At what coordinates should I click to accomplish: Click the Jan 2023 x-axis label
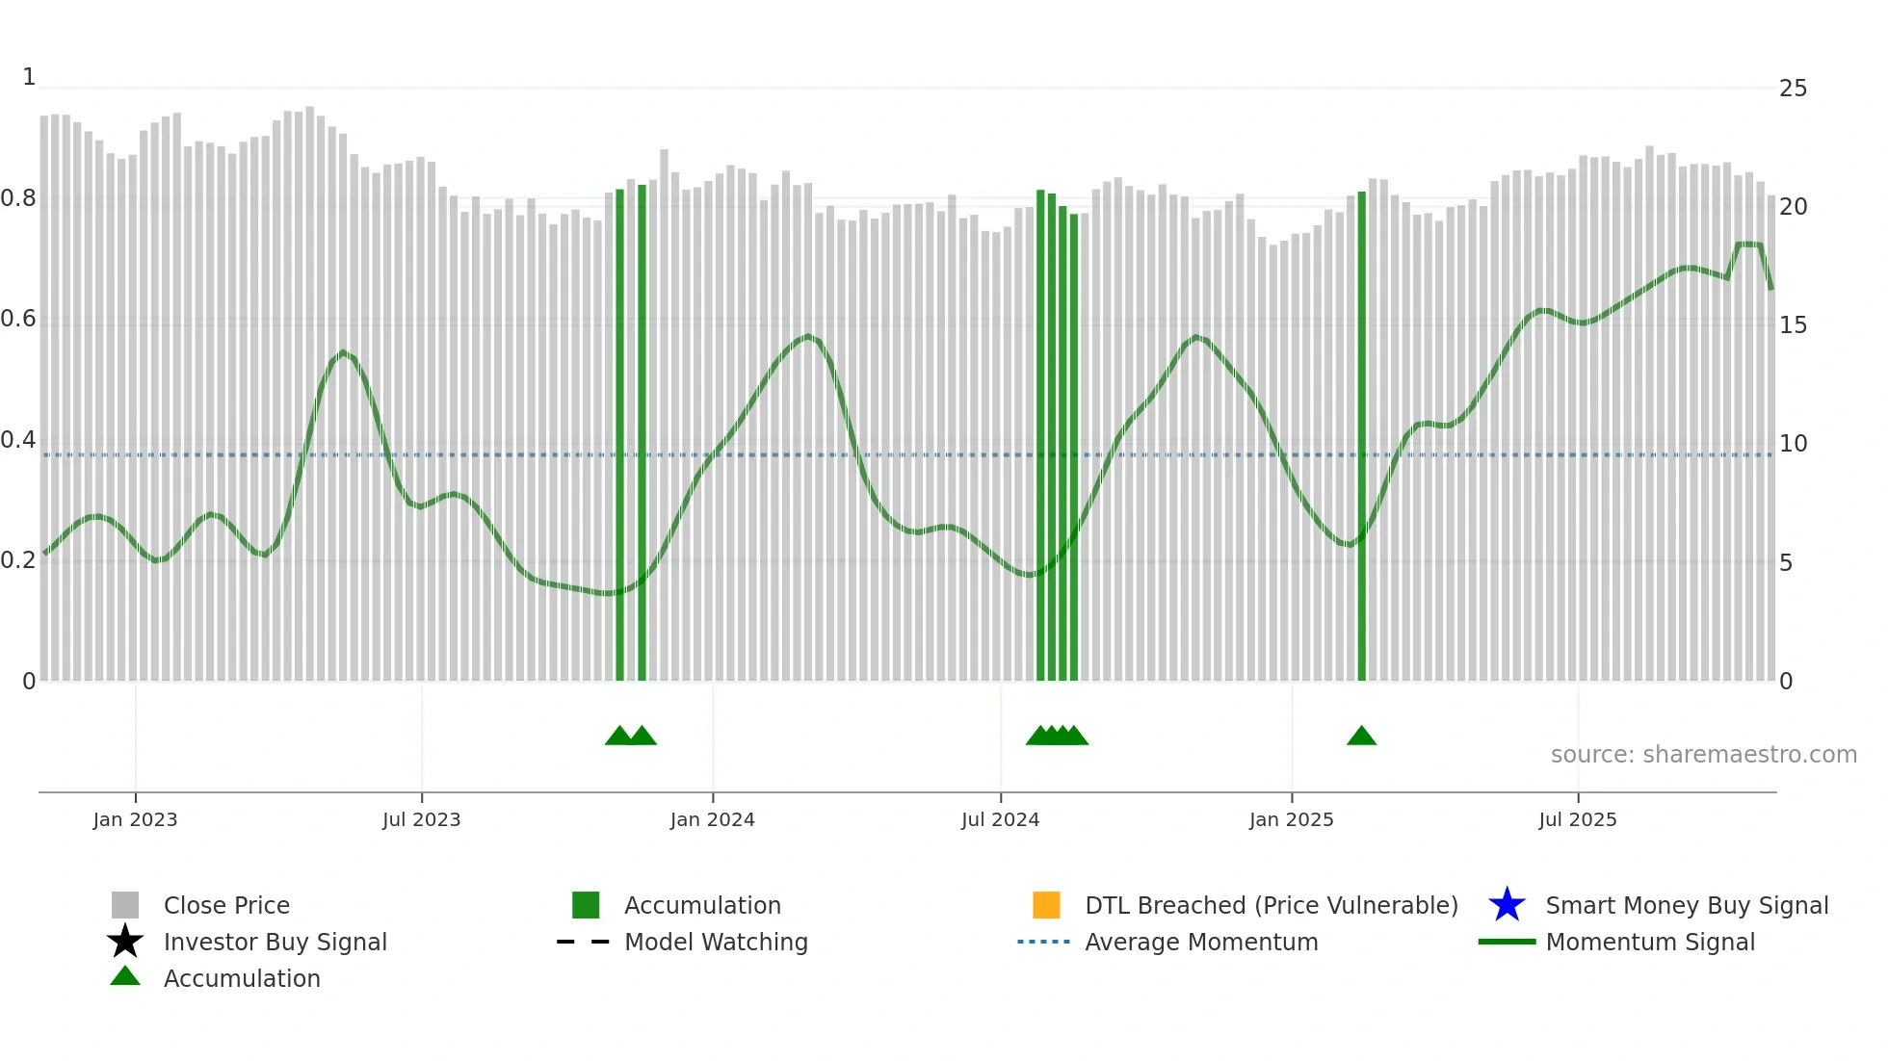(135, 819)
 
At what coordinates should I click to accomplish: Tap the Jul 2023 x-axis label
(421, 819)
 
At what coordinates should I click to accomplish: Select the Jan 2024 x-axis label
(712, 819)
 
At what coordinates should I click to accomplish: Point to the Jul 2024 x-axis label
(1000, 819)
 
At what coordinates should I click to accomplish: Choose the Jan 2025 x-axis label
(1291, 819)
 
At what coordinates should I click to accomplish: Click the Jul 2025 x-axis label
(1577, 819)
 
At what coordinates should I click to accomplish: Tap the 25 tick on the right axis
(1793, 89)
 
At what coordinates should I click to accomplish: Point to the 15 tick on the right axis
(1793, 325)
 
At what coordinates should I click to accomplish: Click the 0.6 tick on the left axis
(18, 319)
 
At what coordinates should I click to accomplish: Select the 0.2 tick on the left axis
(18, 560)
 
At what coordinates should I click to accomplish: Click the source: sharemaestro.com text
(1703, 755)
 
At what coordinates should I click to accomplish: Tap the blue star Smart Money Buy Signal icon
(1507, 905)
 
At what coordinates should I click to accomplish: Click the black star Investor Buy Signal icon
(125, 942)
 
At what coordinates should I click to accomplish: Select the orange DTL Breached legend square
(1046, 905)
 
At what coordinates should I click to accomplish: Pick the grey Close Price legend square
(125, 905)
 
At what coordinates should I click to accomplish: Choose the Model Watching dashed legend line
(584, 942)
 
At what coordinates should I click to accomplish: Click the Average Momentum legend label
(1201, 942)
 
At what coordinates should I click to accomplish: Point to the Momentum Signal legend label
(1650, 942)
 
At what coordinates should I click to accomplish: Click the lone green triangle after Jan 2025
(1361, 737)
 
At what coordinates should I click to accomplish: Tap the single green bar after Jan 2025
(1361, 433)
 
